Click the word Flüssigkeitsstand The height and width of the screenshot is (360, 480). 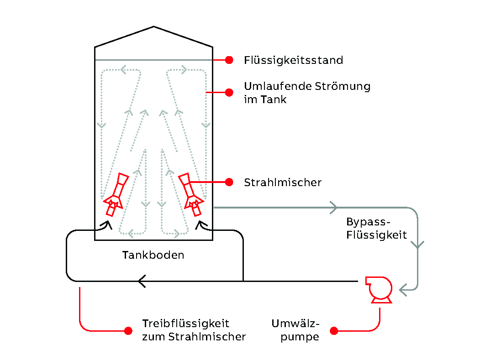pyautogui.click(x=293, y=60)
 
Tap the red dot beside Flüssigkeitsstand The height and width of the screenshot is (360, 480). pyautogui.click(x=229, y=60)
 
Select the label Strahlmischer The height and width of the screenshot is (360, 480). pyautogui.click(x=283, y=183)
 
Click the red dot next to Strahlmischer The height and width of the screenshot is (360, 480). pyautogui.click(x=229, y=182)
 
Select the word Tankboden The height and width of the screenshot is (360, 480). pyautogui.click(x=153, y=255)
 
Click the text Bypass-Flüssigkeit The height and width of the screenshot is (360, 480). pyautogui.click(x=376, y=229)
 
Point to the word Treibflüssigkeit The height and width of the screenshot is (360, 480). pyautogui.click(x=185, y=323)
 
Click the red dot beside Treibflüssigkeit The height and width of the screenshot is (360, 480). pyautogui.click(x=128, y=330)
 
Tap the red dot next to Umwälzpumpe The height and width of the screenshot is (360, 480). pyautogui.click(x=334, y=330)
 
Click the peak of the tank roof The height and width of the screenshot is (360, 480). pyautogui.click(x=153, y=26)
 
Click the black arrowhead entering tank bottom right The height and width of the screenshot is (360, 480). pyautogui.click(x=201, y=224)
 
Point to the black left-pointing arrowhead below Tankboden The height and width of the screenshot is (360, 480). pyautogui.click(x=142, y=281)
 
